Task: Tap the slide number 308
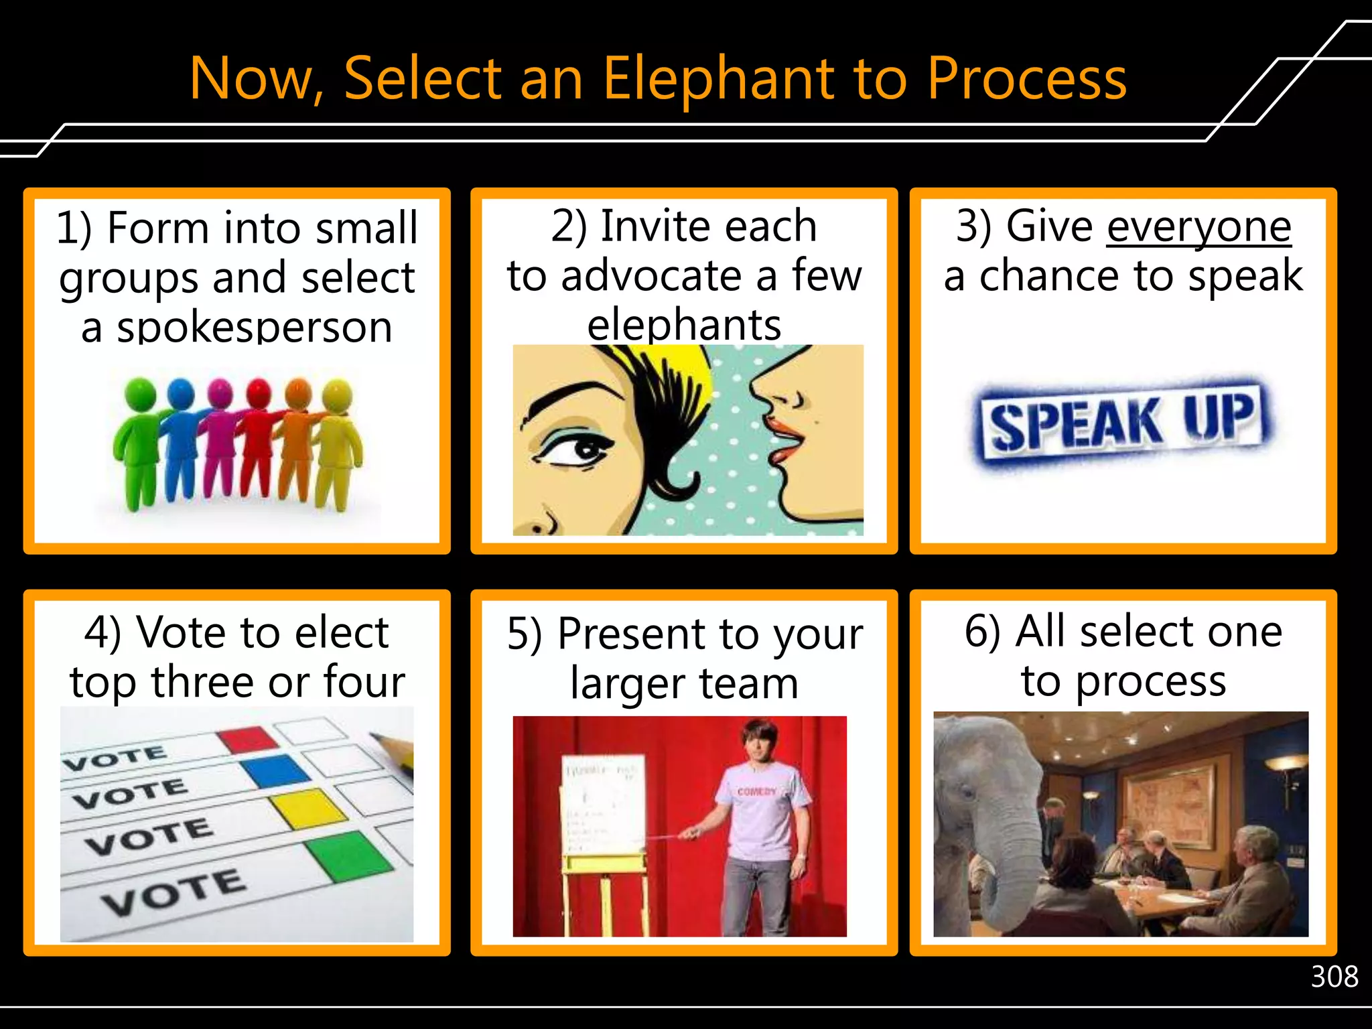(x=1334, y=977)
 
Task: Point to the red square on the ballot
(x=247, y=739)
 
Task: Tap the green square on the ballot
(x=348, y=855)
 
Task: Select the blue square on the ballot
(x=276, y=770)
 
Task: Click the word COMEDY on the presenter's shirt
(x=756, y=791)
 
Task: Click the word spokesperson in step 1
(x=255, y=328)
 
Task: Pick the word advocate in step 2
(x=650, y=276)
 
